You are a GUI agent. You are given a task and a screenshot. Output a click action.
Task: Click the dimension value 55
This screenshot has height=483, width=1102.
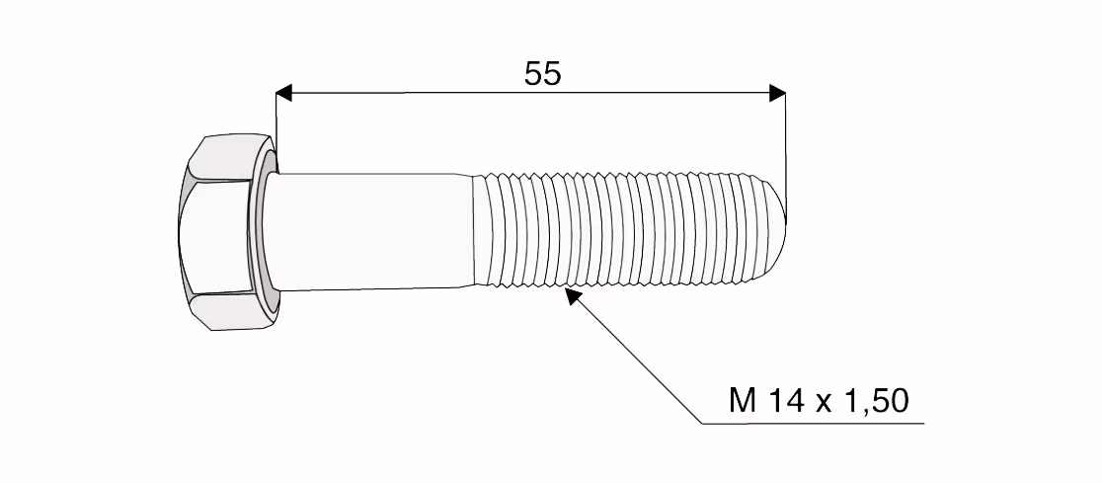tap(542, 74)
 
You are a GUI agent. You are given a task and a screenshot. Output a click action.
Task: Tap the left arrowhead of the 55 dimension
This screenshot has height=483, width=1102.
tap(283, 93)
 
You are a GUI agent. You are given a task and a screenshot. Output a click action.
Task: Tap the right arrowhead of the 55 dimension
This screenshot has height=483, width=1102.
tap(777, 93)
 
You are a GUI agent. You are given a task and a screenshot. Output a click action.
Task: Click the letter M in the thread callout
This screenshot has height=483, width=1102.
tap(743, 401)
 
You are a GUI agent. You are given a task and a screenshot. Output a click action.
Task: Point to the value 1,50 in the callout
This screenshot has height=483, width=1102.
tap(879, 401)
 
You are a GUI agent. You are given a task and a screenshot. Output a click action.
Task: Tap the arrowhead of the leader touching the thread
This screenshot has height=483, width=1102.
tap(575, 296)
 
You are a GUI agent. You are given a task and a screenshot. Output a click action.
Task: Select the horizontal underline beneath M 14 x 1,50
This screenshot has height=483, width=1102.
tap(814, 424)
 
